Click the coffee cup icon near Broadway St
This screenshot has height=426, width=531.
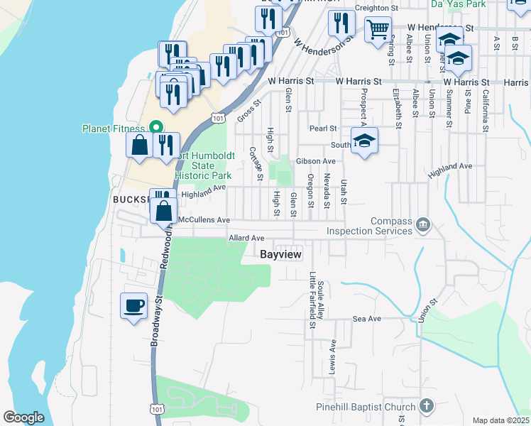coord(133,307)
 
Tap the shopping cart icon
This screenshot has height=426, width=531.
coord(378,30)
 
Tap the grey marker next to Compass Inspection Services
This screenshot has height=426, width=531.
coord(423,226)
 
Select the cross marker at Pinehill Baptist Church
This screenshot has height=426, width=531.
coord(426,406)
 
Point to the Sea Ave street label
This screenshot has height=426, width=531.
coord(367,319)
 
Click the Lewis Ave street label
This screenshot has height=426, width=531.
coord(332,356)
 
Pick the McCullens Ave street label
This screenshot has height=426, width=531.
coord(204,220)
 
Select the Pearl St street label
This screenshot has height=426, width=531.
coord(322,129)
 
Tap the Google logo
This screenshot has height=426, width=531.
coord(23,417)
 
